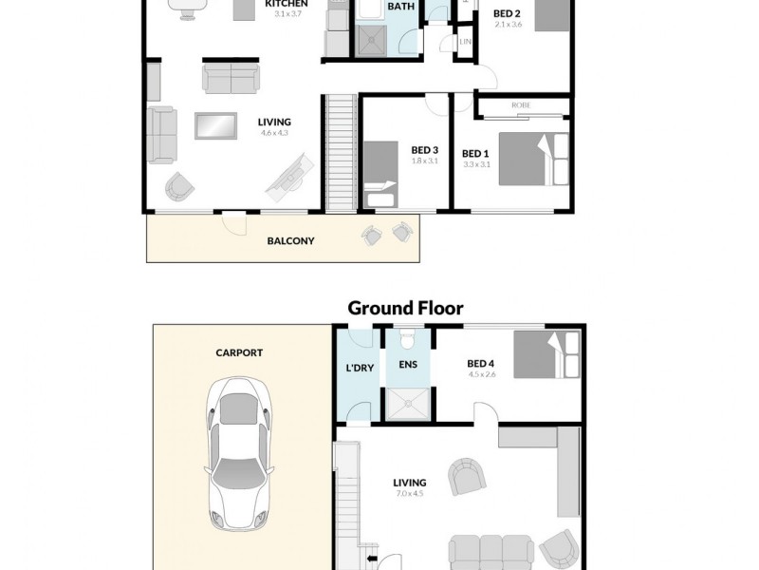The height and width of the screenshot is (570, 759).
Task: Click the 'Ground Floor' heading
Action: pos(405,308)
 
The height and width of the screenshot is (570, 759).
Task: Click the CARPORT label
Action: pos(239,352)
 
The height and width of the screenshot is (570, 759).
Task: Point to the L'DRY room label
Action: pos(358,368)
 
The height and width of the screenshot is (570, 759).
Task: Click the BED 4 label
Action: pos(481,362)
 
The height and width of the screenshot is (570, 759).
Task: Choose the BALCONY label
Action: pos(290,241)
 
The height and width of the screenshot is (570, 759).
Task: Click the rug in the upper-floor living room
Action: pos(215,125)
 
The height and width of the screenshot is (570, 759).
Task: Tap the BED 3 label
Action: pos(424,149)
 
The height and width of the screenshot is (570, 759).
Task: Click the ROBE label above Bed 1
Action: pos(520,106)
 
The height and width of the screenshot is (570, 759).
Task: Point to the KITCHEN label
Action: pos(285,4)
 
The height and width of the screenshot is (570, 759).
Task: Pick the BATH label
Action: pos(401,7)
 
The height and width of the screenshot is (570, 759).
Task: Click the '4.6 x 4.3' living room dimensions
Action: pos(274,133)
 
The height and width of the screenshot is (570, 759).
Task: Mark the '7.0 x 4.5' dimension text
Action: pos(410,494)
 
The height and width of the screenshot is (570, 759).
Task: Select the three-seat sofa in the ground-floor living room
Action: pos(491,552)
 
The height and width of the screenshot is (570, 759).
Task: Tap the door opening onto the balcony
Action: pos(233,219)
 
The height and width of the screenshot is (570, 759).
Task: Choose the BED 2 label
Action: pos(507,13)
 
